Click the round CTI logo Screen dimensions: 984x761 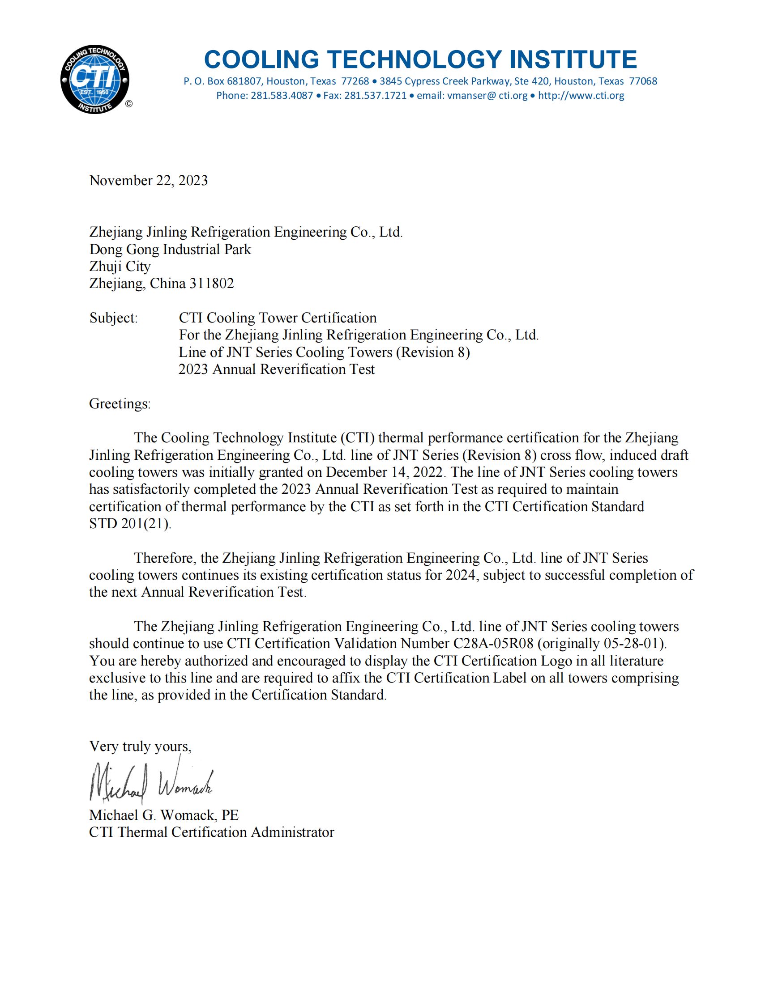coord(94,79)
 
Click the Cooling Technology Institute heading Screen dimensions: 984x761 coord(420,59)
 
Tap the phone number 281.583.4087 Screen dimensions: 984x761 coord(282,96)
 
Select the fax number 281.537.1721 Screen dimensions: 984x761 coord(375,96)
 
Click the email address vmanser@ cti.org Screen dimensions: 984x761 coord(472,96)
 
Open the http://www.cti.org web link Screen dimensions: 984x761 coord(581,96)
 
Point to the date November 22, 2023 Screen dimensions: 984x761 coord(149,180)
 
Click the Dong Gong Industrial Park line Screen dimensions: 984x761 coord(170,249)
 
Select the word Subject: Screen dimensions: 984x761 coord(113,318)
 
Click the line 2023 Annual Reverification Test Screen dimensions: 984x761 coord(276,369)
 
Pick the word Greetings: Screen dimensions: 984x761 coord(120,403)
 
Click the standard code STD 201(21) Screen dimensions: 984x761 coord(130,524)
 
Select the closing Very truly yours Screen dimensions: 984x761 coord(140,746)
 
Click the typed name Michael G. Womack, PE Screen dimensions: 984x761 coord(164,815)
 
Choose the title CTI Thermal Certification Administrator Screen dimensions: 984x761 coord(211,832)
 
